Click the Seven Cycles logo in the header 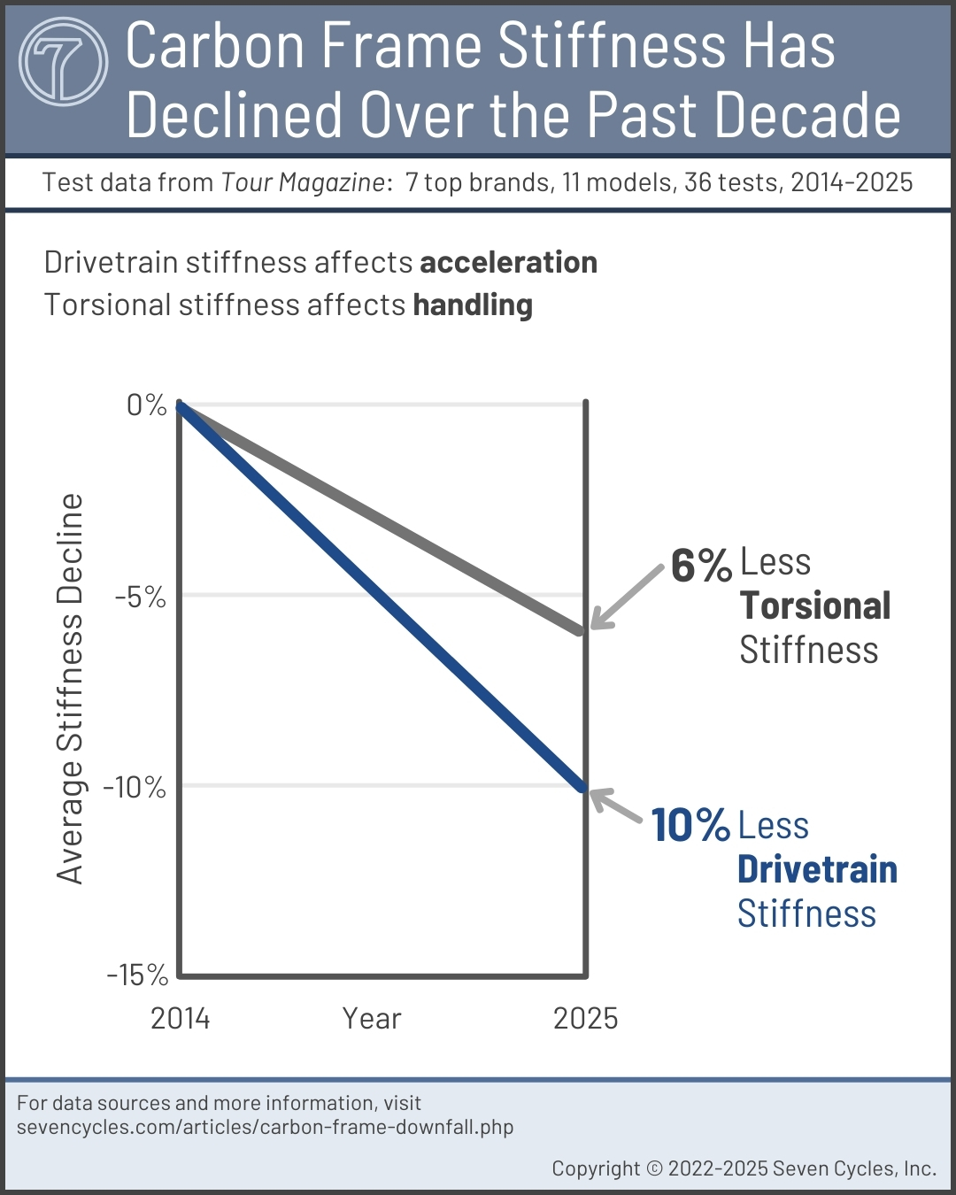point(63,62)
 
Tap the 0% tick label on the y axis point(147,405)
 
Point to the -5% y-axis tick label point(140,597)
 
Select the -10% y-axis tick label point(135,787)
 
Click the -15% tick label point(137,975)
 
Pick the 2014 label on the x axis point(181,1019)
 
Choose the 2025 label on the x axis point(585,1019)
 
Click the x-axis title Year point(372,1019)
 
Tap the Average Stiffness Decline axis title point(70,689)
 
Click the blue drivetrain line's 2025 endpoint point(582,787)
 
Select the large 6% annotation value point(700,566)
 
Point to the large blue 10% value point(690,825)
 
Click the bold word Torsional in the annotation point(815,606)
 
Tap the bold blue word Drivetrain point(817,869)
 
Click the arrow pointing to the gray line point(626,597)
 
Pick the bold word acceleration point(508,263)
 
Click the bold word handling point(473,305)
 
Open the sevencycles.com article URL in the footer point(266,1128)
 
